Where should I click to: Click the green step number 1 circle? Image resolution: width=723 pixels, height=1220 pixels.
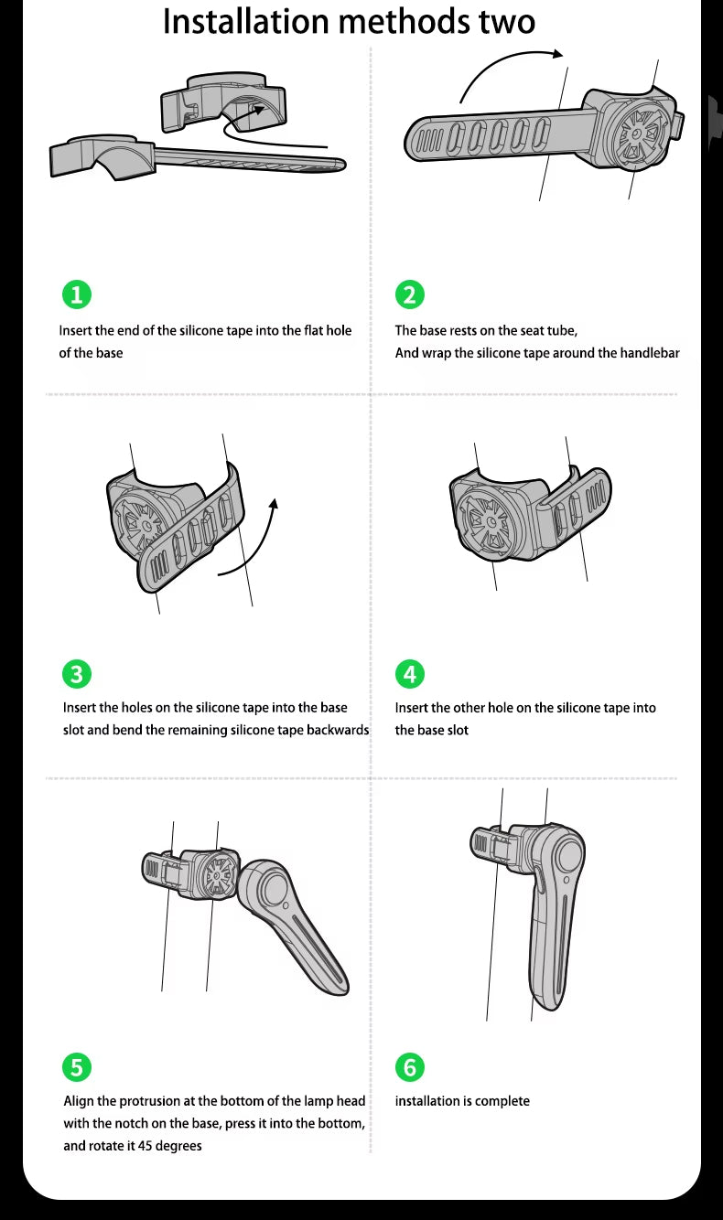tap(77, 294)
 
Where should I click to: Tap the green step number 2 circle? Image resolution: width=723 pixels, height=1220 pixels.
tap(410, 294)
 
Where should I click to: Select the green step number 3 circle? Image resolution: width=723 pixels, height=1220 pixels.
tap(77, 674)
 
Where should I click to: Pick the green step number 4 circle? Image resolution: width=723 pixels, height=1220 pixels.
tap(410, 674)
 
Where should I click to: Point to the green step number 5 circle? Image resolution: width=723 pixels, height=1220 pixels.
tap(77, 1067)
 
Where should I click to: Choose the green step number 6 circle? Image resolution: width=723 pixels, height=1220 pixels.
tap(410, 1067)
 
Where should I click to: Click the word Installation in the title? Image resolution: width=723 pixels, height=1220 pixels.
tap(246, 22)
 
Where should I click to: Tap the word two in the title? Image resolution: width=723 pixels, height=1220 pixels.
tap(507, 23)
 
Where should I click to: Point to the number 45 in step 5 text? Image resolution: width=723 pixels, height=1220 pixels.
tap(145, 1145)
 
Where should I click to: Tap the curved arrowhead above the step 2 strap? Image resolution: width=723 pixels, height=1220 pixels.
tap(557, 53)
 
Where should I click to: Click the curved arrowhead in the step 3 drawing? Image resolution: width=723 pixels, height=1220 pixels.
tap(274, 504)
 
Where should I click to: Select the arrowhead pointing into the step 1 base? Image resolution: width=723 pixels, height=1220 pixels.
tap(258, 110)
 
